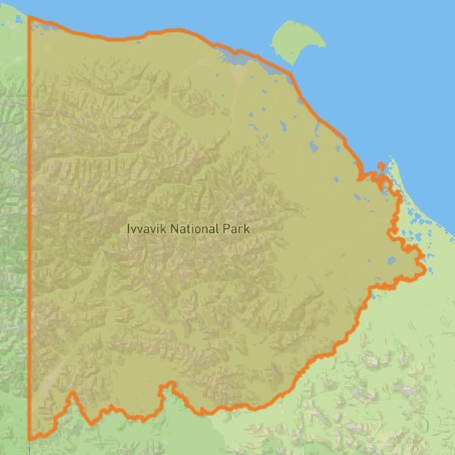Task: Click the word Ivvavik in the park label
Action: [x=146, y=227]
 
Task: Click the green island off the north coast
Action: [x=292, y=42]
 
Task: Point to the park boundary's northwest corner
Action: [x=30, y=17]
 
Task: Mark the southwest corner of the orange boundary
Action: [x=30, y=438]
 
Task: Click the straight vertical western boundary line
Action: [x=30, y=227]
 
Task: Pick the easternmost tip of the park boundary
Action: [x=423, y=267]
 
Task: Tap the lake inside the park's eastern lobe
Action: [x=391, y=260]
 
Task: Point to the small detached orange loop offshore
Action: [x=381, y=165]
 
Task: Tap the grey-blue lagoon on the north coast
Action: [x=235, y=58]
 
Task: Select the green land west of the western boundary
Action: [x=14, y=227]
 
